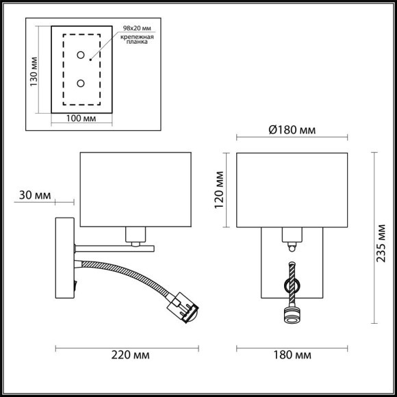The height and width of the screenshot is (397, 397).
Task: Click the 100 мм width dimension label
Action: point(80,118)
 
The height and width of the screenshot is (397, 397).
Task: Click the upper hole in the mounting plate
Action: point(81,55)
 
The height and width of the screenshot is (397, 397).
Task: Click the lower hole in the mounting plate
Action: point(81,84)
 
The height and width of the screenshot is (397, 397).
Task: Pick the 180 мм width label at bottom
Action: point(292,355)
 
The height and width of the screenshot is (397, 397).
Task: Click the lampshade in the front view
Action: point(291,189)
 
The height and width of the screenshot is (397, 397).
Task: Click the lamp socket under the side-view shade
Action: point(135,236)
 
